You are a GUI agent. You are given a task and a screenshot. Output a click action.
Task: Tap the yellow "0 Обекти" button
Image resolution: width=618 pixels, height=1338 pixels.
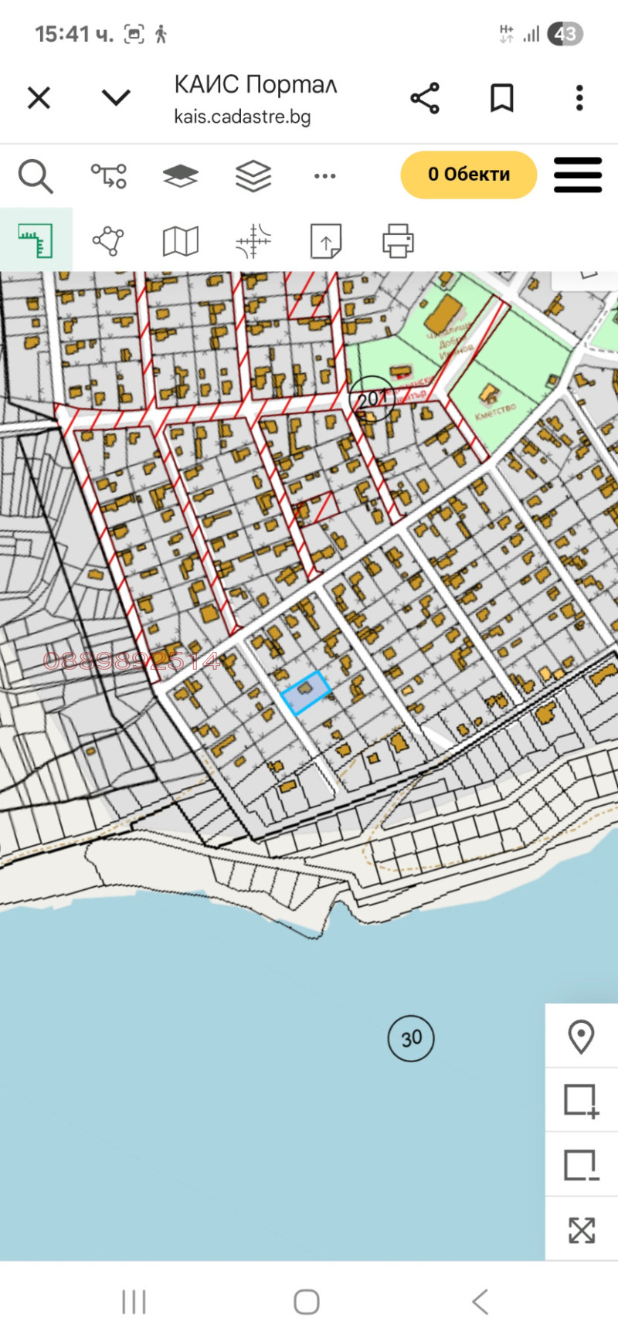468,175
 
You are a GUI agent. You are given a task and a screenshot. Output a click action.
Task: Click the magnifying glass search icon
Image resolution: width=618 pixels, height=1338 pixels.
36,176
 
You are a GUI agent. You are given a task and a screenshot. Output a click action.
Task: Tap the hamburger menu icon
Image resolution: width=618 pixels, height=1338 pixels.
578,175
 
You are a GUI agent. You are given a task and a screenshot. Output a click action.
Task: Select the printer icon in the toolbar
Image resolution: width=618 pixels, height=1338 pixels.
399,241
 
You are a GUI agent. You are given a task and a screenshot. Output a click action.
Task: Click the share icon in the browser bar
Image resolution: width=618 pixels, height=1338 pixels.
425,98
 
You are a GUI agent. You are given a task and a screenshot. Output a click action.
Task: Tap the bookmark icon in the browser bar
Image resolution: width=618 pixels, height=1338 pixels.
502,98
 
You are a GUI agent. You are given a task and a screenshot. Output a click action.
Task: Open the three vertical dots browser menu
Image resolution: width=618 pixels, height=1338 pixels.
579,98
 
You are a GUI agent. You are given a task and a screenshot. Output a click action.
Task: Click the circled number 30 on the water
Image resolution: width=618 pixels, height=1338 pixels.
411,1038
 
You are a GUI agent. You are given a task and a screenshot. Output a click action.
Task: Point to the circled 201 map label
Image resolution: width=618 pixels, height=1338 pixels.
372,399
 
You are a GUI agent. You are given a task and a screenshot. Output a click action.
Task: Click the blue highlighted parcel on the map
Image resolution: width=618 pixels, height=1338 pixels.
307,692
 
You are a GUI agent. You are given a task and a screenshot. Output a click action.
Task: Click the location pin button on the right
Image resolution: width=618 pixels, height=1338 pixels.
581,1037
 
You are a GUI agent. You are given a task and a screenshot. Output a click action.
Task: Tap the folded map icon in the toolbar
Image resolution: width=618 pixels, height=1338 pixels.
181,241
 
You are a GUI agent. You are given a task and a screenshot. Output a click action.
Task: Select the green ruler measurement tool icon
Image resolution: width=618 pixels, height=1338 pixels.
36,241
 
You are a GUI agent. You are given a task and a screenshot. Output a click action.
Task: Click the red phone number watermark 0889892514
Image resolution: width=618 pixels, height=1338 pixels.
131,661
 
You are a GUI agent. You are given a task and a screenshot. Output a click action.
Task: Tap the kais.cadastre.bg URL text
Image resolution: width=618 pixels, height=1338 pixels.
243,117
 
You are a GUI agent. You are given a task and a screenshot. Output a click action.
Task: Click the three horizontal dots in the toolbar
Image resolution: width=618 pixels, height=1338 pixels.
325,176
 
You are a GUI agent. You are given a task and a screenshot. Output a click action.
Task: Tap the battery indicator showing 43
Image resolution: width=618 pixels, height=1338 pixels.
565,34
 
